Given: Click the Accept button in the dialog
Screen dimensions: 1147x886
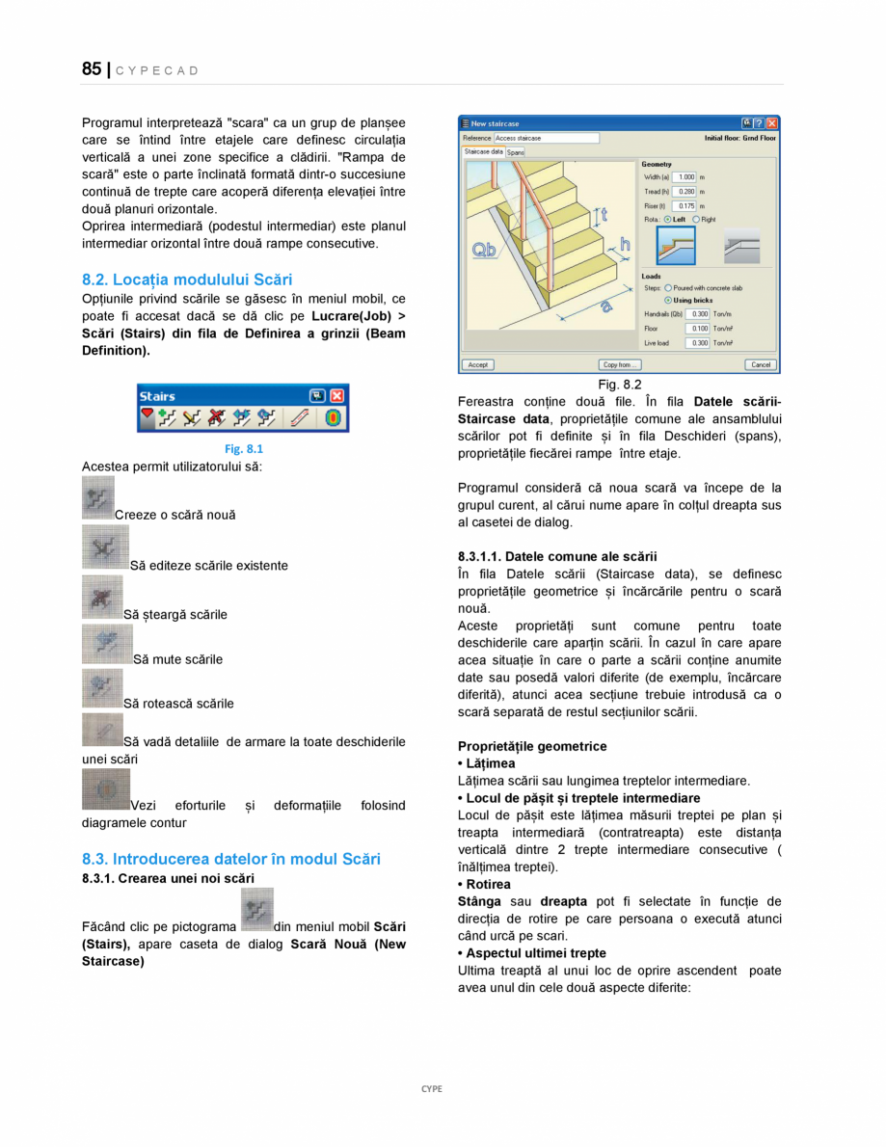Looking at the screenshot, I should [477, 364].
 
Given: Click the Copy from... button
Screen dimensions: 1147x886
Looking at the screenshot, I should [620, 364].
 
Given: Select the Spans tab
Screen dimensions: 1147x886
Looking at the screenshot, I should [516, 152].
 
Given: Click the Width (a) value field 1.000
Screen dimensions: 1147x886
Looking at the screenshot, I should [685, 177].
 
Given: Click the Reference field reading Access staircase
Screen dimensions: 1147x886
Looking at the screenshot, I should [546, 138].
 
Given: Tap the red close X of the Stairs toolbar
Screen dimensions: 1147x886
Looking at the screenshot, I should [336, 396].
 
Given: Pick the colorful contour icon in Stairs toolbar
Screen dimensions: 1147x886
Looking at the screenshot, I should [331, 418].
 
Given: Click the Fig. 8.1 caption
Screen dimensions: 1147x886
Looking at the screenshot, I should [243, 449].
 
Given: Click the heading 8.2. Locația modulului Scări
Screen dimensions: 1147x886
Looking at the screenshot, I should [187, 280].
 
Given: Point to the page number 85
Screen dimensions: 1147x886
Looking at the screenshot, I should [92, 69].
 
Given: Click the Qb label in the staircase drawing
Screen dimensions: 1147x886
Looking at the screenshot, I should [485, 252].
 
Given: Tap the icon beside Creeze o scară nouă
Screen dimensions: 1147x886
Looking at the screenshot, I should [97, 497].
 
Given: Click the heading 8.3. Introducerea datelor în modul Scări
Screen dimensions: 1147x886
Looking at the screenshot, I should [231, 859].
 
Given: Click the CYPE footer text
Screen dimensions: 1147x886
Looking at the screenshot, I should [431, 1089].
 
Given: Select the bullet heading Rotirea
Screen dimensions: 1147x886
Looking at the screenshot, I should [488, 884].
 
